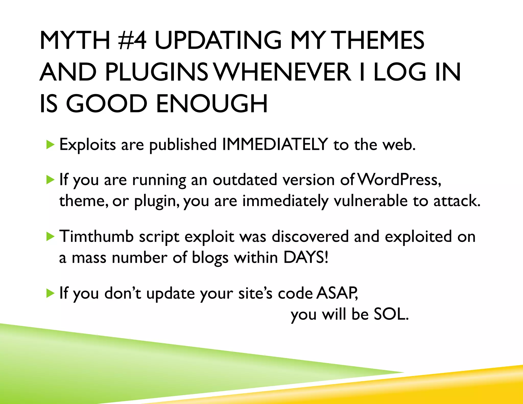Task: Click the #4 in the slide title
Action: pos(133,40)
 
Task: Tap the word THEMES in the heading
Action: pos(379,40)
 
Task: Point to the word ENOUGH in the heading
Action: pos(212,104)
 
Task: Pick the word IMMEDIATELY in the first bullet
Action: pos(275,144)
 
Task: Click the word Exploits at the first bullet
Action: pos(88,145)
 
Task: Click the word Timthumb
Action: pos(96,236)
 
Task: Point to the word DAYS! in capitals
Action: pos(306,257)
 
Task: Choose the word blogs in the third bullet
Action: pos(210,258)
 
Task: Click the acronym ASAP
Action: pos(337,293)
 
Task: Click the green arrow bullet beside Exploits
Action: pos(51,145)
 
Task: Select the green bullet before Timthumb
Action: pos(51,237)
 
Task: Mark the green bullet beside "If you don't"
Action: pos(51,293)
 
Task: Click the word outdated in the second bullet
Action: pos(245,180)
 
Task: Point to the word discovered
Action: pos(310,236)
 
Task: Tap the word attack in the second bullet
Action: pos(457,201)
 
